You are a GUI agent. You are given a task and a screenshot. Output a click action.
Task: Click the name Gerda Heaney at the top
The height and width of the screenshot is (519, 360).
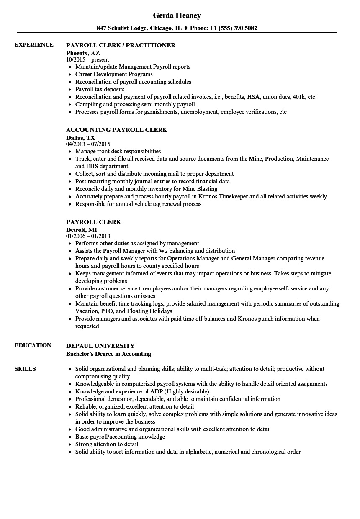tap(177, 15)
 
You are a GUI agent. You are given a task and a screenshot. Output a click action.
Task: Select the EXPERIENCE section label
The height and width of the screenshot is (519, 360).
tap(34, 45)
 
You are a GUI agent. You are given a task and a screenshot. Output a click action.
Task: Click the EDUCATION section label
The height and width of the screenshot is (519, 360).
tap(33, 345)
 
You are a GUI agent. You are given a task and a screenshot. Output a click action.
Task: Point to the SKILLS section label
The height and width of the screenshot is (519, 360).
tap(25, 369)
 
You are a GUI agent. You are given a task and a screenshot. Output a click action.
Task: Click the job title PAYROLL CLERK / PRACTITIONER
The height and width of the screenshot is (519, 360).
tap(121, 45)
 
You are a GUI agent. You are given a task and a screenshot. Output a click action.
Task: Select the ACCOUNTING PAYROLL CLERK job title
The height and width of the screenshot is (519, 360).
tap(116, 130)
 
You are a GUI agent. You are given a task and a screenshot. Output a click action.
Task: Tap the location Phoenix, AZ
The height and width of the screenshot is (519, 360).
tap(83, 53)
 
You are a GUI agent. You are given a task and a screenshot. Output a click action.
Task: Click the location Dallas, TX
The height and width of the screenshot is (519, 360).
tap(80, 138)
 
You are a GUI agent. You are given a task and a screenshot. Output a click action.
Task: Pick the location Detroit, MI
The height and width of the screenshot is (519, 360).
tap(82, 230)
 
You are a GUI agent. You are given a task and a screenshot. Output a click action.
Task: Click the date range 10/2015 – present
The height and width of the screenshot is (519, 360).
tap(87, 60)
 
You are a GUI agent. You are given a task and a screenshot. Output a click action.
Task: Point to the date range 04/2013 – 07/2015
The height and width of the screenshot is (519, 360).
tap(90, 144)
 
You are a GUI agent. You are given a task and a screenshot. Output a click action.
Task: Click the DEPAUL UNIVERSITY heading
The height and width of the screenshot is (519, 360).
tap(100, 346)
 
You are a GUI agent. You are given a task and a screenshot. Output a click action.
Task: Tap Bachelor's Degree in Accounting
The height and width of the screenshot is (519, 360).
tap(108, 354)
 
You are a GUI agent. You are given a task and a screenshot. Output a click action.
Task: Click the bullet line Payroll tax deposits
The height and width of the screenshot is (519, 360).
tap(100, 89)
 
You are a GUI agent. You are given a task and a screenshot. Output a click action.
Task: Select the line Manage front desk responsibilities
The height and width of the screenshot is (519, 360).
tap(118, 151)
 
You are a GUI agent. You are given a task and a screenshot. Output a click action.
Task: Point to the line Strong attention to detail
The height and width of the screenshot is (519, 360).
tap(107, 444)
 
